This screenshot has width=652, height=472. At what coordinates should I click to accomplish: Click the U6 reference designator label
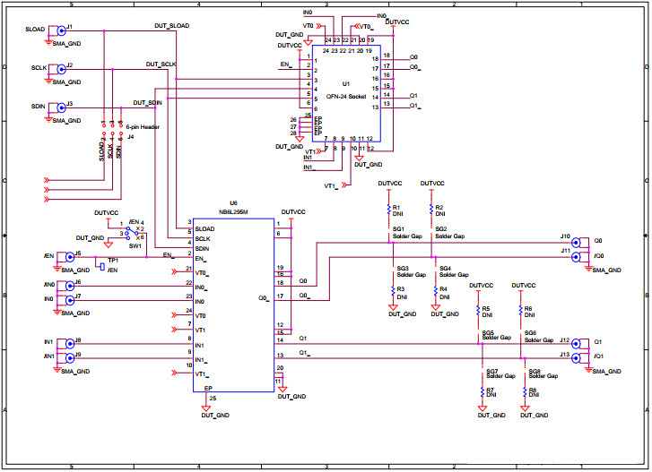tap(233, 203)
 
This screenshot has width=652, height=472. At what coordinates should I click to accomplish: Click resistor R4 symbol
tap(435, 292)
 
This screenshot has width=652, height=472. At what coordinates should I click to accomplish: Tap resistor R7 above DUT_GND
tap(483, 391)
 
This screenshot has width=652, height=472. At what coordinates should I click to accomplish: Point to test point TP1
tap(103, 265)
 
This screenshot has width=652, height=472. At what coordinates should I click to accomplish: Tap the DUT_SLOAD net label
tap(172, 26)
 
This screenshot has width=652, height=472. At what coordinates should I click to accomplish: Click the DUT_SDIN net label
tap(148, 102)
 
